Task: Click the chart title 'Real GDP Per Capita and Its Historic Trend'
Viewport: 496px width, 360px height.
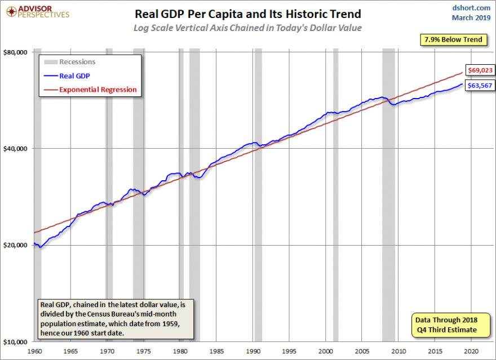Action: click(247, 14)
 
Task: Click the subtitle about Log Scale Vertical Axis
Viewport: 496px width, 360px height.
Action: click(247, 28)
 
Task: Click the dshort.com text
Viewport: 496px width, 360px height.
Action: click(471, 7)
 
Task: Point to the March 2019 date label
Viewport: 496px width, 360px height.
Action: click(471, 17)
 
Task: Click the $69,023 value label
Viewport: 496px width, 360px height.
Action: click(480, 70)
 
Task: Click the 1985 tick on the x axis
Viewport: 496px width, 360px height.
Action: click(216, 350)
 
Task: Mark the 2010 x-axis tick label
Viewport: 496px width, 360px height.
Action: click(398, 350)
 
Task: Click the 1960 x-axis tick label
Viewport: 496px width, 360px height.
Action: click(34, 350)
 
